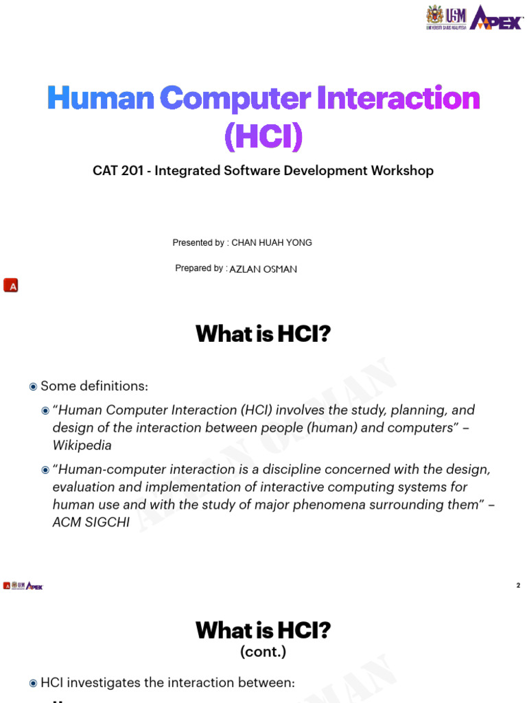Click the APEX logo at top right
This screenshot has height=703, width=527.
pos(496,17)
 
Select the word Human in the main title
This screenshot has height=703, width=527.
pos(100,99)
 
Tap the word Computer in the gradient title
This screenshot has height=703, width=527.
pos(235,99)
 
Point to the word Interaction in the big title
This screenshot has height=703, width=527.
pos(398,99)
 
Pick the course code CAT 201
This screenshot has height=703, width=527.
pos(117,170)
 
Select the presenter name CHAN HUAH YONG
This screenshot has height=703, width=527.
pos(272,242)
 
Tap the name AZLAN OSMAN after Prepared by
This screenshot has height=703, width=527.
pos(263,269)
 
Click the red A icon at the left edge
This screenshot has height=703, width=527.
pos(10,286)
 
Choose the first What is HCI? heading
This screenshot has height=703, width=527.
pos(263,334)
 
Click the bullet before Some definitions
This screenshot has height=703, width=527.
pos(33,387)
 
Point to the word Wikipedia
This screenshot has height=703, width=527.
pos(82,446)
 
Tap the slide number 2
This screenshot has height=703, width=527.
pos(518,586)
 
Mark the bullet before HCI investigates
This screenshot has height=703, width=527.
pos(33,683)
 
